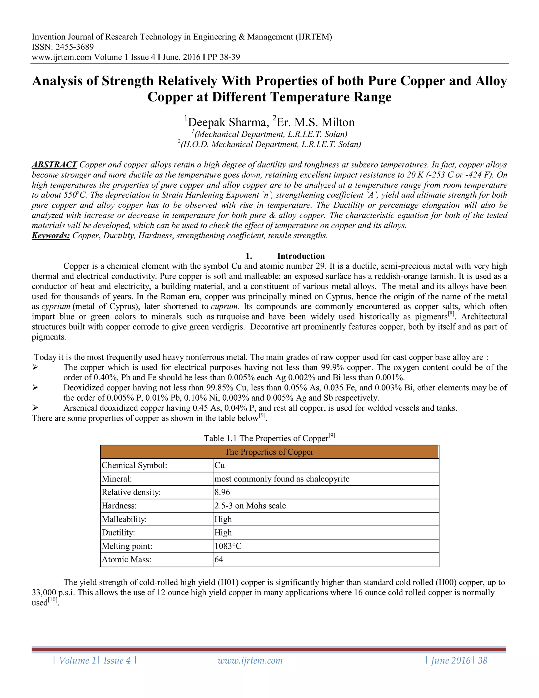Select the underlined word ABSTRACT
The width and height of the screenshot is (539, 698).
[54, 165]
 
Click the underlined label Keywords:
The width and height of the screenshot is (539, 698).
[51, 236]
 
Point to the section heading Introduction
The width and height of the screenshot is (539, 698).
[301, 256]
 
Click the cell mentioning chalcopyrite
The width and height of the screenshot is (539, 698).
[282, 479]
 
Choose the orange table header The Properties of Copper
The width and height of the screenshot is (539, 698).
[269, 452]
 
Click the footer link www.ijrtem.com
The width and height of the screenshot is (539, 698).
[250, 661]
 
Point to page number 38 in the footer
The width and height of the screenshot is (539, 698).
[482, 661]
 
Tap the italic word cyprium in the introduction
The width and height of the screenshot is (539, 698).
[56, 307]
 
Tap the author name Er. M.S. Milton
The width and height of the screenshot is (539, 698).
[316, 122]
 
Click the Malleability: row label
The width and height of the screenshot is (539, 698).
[124, 519]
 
